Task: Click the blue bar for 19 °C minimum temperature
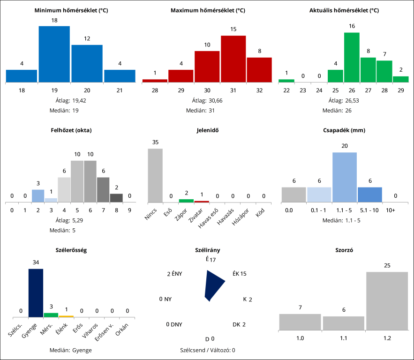[x=54, y=54]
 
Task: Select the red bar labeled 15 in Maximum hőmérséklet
[x=233, y=59]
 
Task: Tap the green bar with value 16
[x=352, y=57]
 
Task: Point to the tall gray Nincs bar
[x=155, y=175]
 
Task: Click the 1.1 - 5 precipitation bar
[x=345, y=177]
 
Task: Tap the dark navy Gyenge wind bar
[x=36, y=293]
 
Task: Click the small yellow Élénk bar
[x=66, y=316]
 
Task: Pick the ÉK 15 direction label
[x=240, y=274]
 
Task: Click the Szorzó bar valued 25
[x=387, y=300]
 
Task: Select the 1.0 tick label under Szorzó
[x=300, y=337]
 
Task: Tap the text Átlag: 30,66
[x=207, y=100]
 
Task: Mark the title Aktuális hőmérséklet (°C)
[x=344, y=10]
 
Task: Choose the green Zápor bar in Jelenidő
[x=186, y=201]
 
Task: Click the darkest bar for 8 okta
[x=116, y=198]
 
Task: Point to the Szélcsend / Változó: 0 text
[x=207, y=350]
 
